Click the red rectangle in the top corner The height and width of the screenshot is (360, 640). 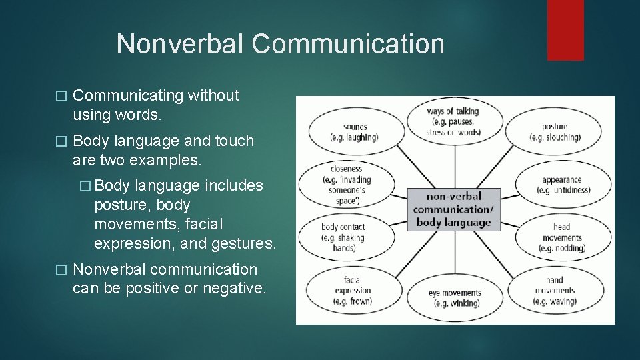[565, 29]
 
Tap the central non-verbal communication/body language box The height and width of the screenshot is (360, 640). [453, 209]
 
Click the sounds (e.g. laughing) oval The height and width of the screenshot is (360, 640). [354, 132]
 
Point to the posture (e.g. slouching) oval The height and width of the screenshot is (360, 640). [555, 132]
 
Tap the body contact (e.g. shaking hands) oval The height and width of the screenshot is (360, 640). [343, 237]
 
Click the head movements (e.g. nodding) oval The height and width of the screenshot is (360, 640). [563, 237]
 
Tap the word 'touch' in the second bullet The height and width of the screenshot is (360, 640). [234, 141]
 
